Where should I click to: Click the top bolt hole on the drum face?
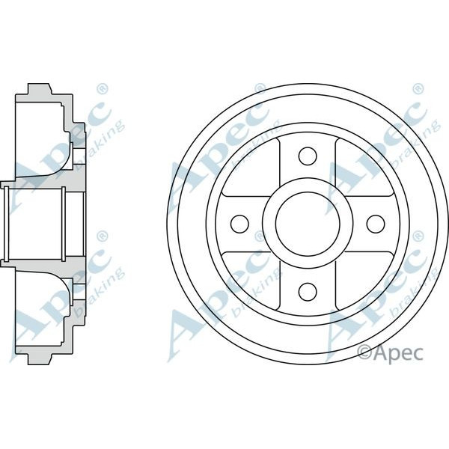(307, 156)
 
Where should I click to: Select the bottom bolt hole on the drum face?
(307, 290)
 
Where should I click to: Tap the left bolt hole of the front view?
(239, 223)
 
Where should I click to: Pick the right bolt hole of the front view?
(374, 223)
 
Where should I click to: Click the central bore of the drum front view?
(307, 223)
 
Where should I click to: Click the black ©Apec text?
(390, 350)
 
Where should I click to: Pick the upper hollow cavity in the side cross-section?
(41, 138)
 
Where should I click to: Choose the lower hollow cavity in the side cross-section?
(41, 308)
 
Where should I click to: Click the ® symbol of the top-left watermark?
(103, 89)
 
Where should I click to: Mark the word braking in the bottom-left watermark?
(105, 292)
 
